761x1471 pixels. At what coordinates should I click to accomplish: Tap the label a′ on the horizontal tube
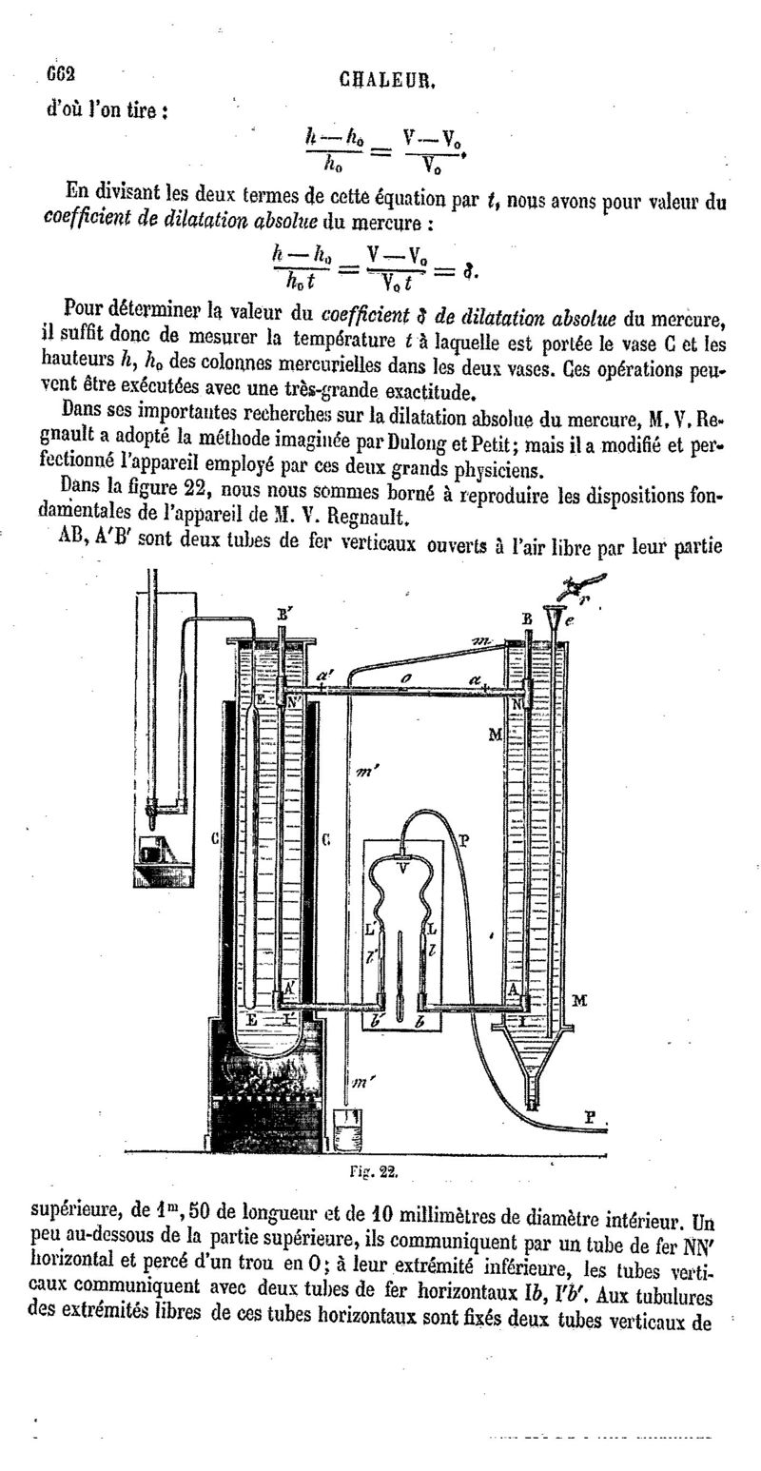pyautogui.click(x=324, y=677)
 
